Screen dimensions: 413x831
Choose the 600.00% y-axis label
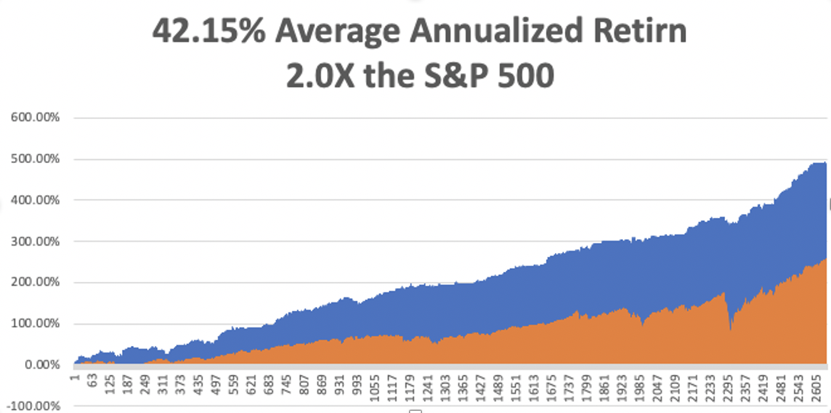37,118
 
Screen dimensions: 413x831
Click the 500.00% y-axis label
37,159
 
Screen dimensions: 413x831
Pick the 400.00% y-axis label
37,200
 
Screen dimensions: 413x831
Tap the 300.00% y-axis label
37,242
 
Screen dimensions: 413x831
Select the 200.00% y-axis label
37,283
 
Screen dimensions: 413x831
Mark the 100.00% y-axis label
37,324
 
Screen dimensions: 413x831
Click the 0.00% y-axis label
42,365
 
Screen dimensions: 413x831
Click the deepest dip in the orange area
731,329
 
